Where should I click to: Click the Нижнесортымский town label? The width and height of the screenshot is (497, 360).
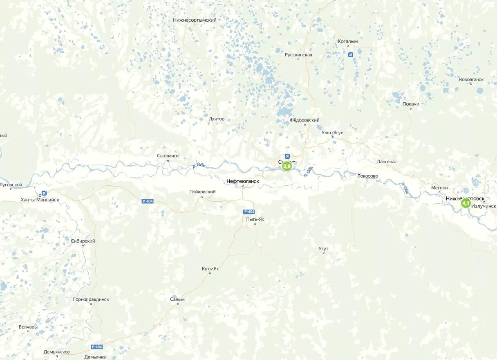click(195, 20)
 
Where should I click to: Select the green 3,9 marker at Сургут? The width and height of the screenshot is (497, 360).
click(287, 166)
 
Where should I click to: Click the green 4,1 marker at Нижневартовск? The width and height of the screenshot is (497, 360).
click(466, 203)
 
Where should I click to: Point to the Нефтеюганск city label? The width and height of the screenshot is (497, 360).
click(242, 180)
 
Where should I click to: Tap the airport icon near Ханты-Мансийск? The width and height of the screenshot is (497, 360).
click(44, 193)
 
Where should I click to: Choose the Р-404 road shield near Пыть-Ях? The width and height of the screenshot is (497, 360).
click(249, 211)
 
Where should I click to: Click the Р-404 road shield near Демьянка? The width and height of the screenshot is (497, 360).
click(97, 347)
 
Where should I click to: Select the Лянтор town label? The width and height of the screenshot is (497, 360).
click(217, 119)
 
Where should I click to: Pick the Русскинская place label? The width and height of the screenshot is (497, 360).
click(298, 55)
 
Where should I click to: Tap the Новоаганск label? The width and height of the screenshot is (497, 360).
click(471, 79)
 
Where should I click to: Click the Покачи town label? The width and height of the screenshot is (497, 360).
click(411, 104)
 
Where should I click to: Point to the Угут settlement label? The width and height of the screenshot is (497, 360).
click(323, 249)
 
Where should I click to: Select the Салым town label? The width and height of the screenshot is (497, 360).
click(177, 299)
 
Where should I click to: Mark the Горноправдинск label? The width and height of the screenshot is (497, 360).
click(91, 299)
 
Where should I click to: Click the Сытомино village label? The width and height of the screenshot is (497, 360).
click(168, 155)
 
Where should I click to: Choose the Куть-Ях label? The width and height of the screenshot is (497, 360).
click(210, 268)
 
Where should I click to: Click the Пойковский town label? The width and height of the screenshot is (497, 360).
click(202, 192)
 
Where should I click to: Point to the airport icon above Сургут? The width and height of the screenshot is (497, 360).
click(287, 156)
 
